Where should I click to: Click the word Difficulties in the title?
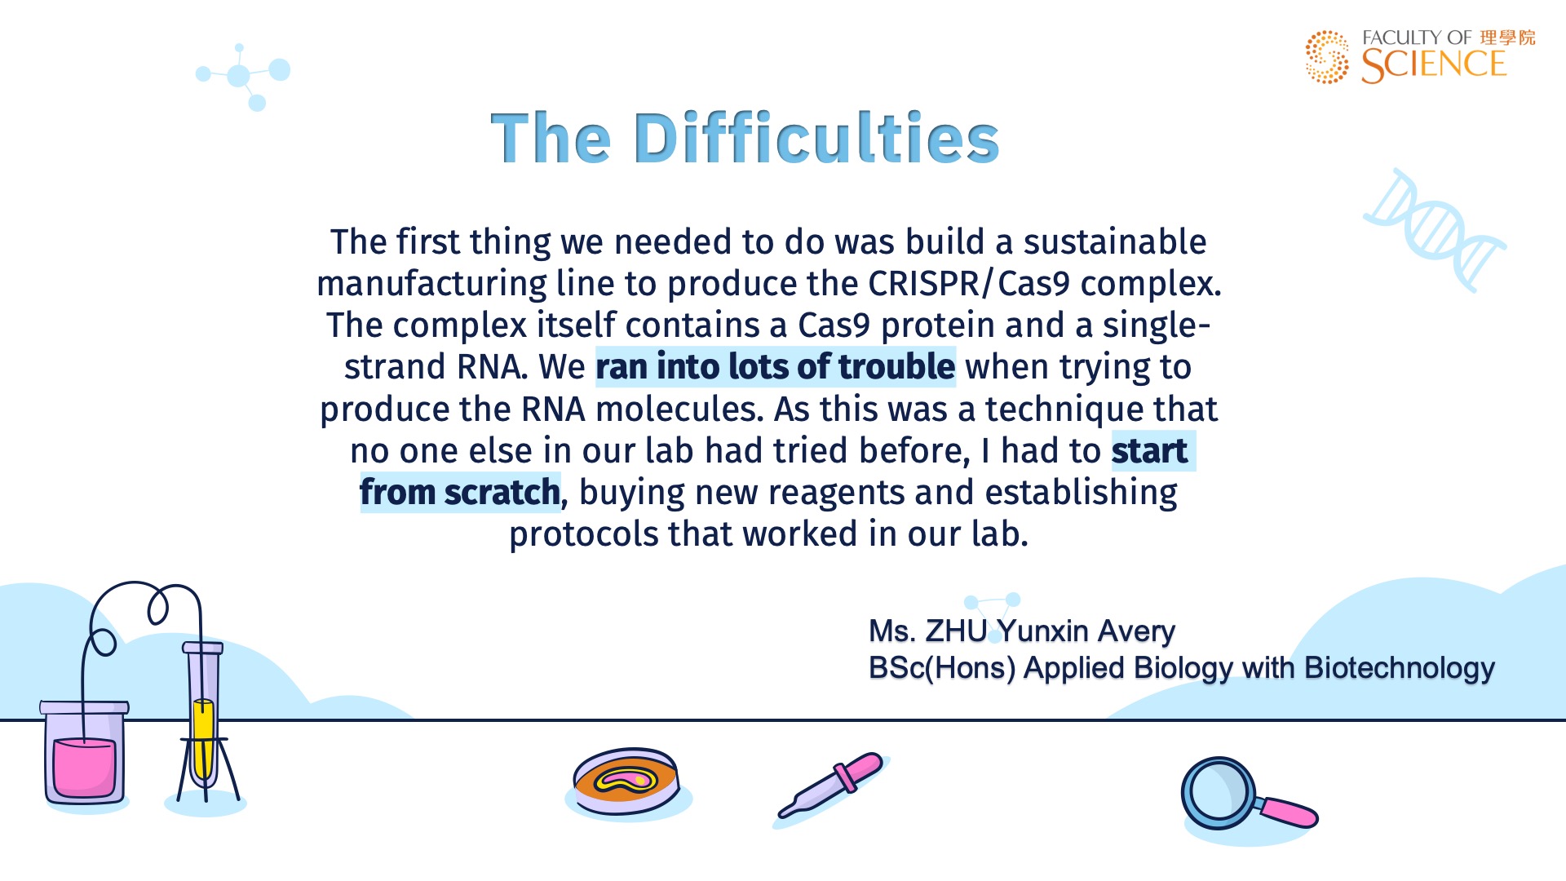(816, 138)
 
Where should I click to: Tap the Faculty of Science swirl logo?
(1327, 57)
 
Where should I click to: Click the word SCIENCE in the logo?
(1434, 65)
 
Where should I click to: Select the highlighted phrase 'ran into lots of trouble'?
(775, 367)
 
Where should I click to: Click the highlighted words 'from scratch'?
(460, 493)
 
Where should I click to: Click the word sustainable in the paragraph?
(1115, 242)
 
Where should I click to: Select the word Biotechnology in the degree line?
(1400, 668)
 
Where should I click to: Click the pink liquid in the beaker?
(84, 767)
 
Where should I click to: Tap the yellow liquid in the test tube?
(203, 738)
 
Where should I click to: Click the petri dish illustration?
(626, 781)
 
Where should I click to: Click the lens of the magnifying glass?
(1219, 793)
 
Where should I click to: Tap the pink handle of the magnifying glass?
(1290, 812)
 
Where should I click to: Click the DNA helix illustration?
(1434, 230)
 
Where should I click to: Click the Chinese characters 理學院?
(1508, 38)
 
